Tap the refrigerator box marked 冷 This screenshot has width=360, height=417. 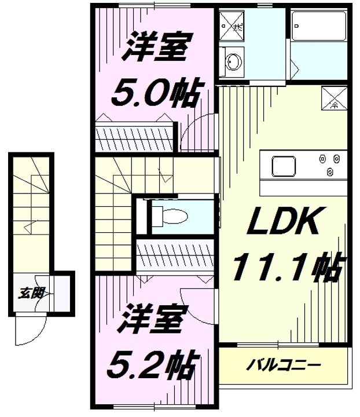[x=334, y=97]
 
